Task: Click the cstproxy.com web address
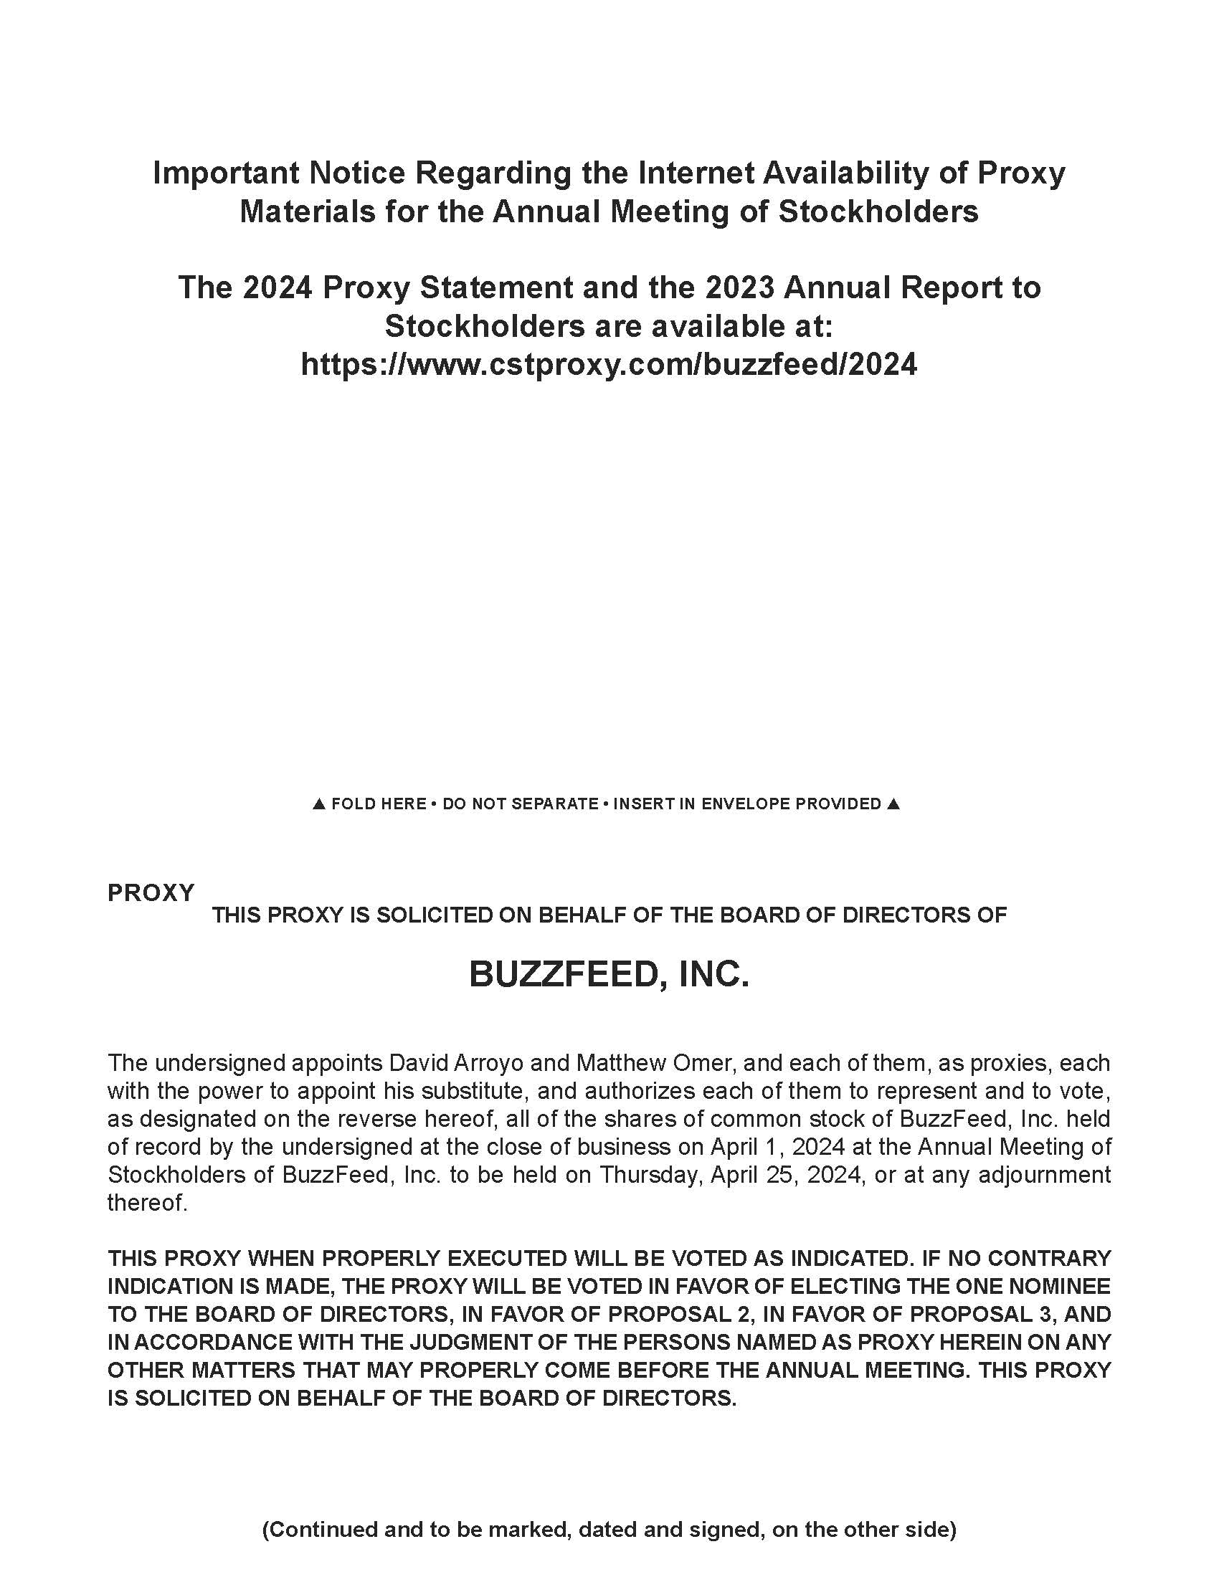[609, 365]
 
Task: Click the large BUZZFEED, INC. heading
[609, 975]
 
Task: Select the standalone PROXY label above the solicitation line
[151, 893]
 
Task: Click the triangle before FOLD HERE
[318, 804]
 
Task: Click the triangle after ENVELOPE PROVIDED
[893, 804]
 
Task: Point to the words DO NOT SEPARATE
[520, 804]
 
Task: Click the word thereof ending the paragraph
[146, 1203]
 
